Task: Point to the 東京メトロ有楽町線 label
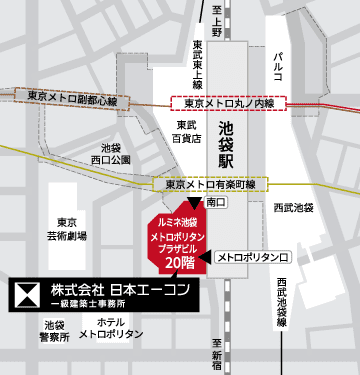210,185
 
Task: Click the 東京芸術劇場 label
70,229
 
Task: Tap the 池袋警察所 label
56,331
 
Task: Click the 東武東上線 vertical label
198,64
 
